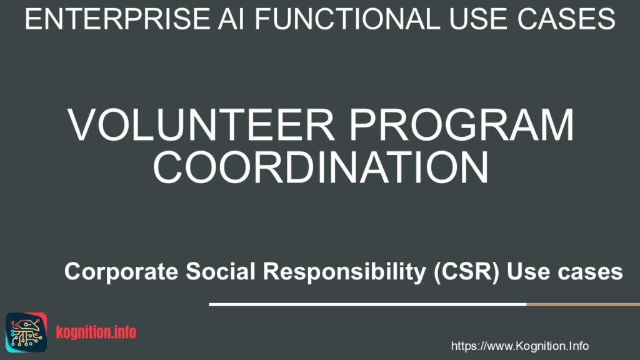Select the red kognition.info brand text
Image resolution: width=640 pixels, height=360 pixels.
96,332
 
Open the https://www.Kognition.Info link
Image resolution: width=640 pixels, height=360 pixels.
520,346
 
